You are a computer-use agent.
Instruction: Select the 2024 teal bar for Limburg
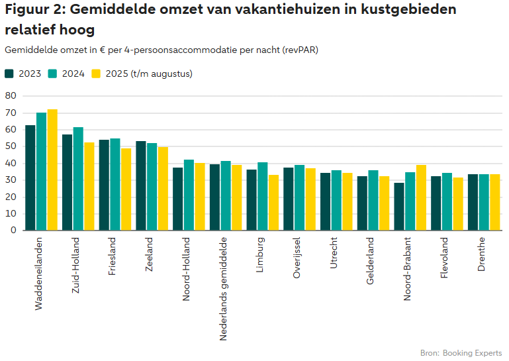(x=263, y=196)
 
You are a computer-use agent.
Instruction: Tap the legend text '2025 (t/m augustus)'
(x=149, y=74)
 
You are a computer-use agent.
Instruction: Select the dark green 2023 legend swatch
(x=9, y=74)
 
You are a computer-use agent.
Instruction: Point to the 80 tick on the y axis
(x=10, y=95)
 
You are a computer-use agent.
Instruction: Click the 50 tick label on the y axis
(x=10, y=146)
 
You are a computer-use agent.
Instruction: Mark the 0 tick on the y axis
(x=13, y=231)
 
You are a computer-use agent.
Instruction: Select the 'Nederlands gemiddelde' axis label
(x=223, y=288)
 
